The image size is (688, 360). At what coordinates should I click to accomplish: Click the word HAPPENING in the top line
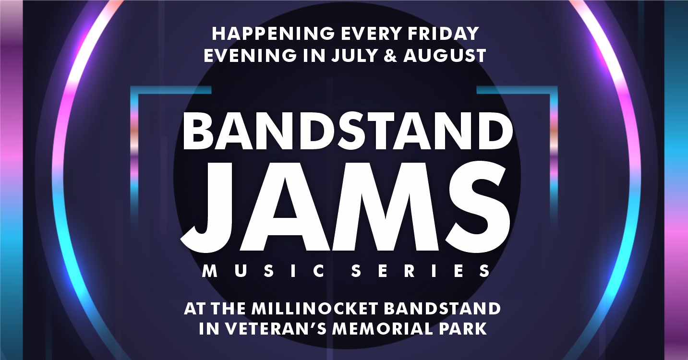[x=273, y=34]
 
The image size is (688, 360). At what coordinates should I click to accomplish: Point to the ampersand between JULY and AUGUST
[x=390, y=56]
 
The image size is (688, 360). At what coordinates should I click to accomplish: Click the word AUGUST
[x=445, y=56]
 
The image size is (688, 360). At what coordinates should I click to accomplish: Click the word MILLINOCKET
[x=314, y=309]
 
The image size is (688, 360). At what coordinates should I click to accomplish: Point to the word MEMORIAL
[x=387, y=328]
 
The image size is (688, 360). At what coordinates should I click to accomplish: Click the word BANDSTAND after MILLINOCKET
[x=442, y=309]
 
